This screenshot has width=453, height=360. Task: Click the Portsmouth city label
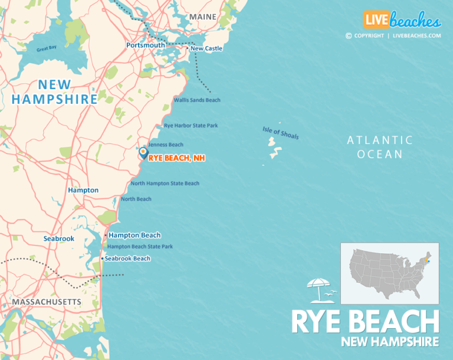146,45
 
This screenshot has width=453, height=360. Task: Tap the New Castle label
206,48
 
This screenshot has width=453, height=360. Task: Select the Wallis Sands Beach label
197,100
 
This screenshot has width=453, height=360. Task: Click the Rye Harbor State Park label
191,126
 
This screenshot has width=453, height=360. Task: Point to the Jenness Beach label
165,145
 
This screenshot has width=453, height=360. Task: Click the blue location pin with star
143,153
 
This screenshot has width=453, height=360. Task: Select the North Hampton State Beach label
165,184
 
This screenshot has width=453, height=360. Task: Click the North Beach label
136,199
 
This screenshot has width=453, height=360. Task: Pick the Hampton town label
83,191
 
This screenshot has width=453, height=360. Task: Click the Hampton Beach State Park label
140,247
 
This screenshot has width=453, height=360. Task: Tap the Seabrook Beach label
127,258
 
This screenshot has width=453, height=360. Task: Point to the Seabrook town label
59,238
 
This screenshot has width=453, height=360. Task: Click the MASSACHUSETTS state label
47,302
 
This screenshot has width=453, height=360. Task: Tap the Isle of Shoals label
281,133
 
